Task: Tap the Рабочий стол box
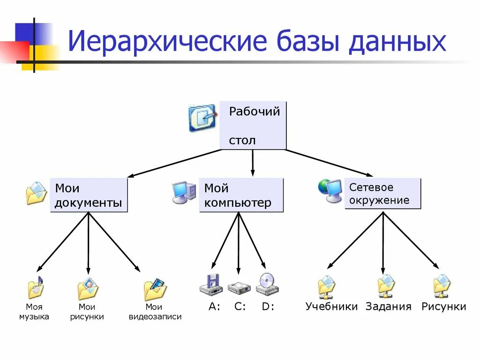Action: coord(253,125)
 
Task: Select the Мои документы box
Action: coord(89,195)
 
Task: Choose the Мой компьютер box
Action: coord(241,195)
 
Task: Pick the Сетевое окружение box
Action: coord(382,194)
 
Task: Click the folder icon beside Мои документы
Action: coord(36,193)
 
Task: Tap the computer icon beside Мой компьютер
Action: coord(184,192)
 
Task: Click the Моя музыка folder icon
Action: coord(36,287)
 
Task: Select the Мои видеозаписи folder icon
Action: coord(155,289)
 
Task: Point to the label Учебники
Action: coord(331,307)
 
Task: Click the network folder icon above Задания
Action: coord(386,286)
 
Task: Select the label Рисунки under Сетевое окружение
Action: coord(443,307)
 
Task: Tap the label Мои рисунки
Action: coord(87,312)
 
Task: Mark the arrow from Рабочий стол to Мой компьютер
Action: coord(253,163)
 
